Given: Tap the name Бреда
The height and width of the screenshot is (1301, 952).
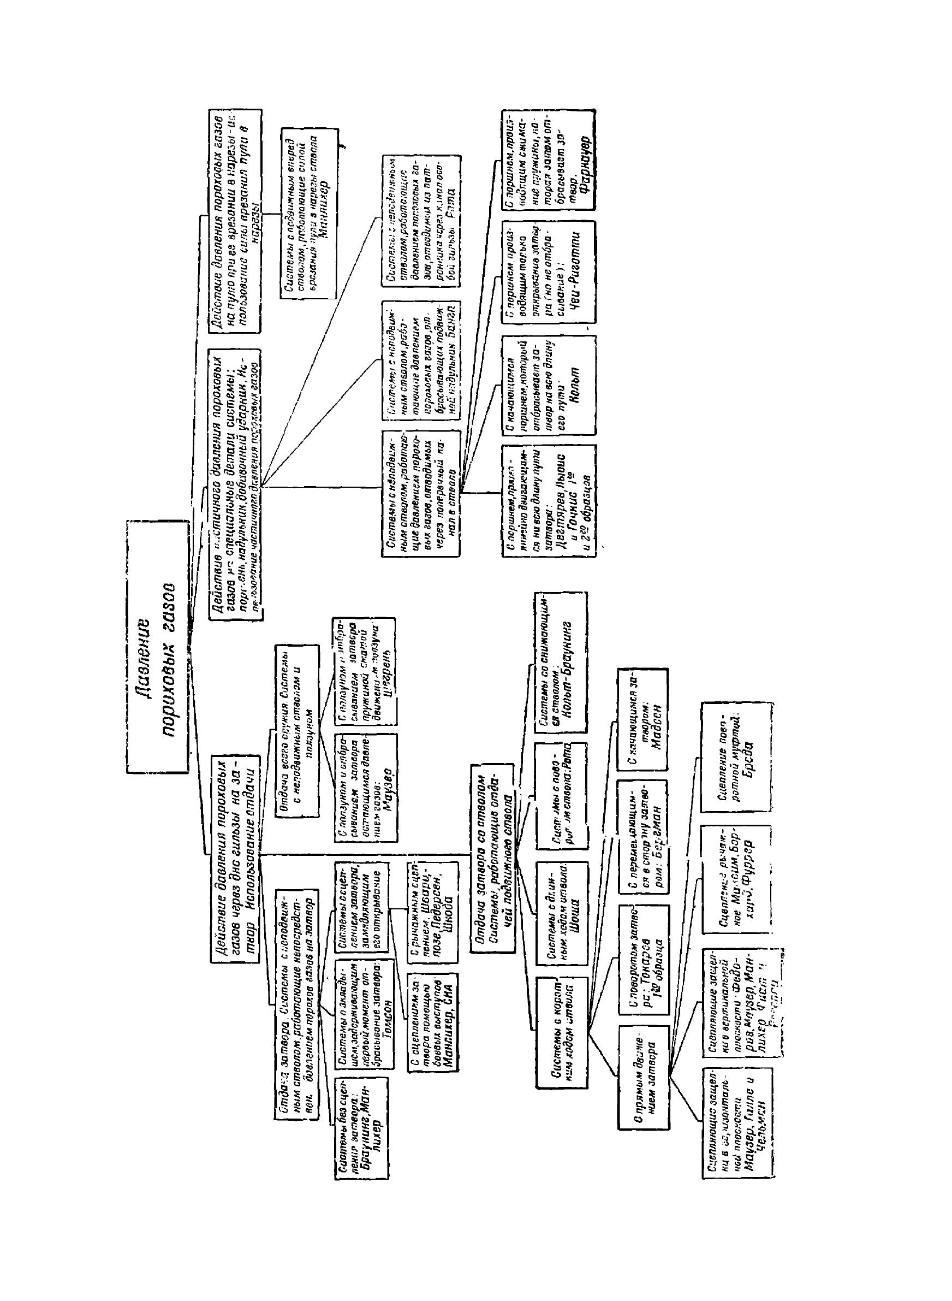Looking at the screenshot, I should click(x=749, y=755).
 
